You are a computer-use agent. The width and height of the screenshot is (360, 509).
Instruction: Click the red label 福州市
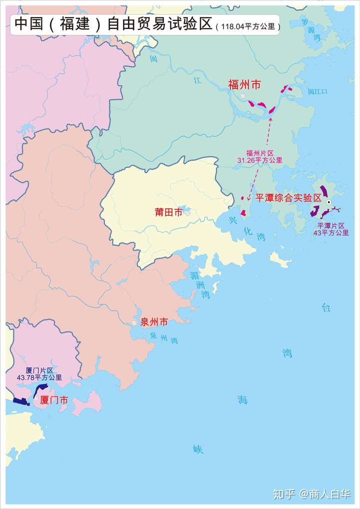(x=244, y=85)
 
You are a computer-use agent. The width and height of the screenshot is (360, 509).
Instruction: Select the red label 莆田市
(x=168, y=212)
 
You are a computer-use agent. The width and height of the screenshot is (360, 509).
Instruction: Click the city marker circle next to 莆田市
(x=187, y=213)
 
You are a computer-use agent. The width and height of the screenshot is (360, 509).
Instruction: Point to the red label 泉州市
(x=154, y=322)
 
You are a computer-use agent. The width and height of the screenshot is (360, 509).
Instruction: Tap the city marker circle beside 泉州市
(x=134, y=323)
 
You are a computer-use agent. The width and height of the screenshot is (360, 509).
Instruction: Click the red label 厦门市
(x=53, y=400)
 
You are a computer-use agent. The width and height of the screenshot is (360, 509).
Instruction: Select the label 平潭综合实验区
(x=288, y=197)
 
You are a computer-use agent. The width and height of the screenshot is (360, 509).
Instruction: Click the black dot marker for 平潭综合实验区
(x=329, y=202)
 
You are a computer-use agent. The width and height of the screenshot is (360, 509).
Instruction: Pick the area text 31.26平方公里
(x=260, y=160)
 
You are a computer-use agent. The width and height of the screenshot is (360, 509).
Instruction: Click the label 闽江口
(x=317, y=91)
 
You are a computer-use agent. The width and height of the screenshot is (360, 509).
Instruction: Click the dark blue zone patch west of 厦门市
(x=20, y=401)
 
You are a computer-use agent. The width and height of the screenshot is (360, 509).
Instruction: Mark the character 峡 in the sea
(x=198, y=449)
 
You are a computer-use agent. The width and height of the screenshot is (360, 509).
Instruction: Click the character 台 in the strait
(x=326, y=308)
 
